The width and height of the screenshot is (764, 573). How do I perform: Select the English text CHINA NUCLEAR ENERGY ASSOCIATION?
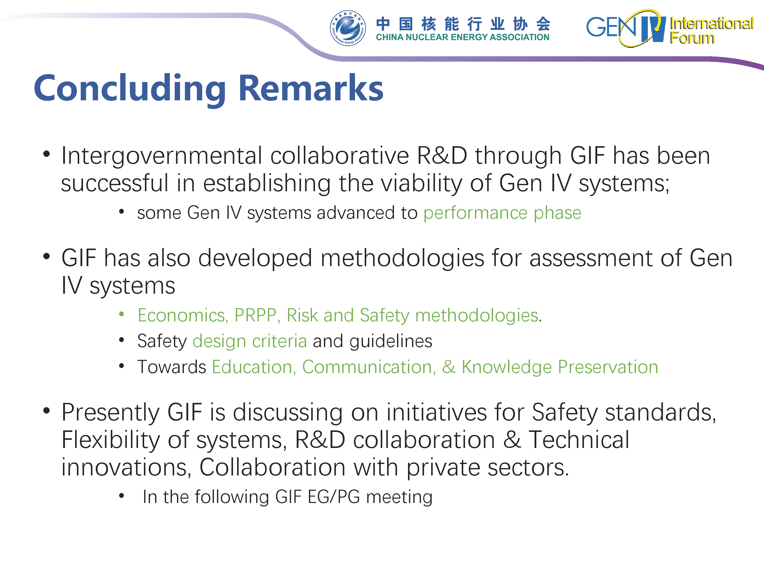tap(462, 37)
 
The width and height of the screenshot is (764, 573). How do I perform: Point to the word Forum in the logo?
tap(692, 38)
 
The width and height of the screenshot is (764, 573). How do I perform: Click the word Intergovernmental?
tap(162, 156)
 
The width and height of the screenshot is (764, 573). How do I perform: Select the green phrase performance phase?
tap(502, 213)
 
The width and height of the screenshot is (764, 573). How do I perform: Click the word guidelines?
tap(391, 341)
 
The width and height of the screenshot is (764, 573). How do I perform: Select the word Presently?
tap(111, 413)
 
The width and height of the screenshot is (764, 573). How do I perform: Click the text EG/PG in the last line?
tap(334, 497)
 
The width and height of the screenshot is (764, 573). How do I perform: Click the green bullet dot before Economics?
tap(121, 314)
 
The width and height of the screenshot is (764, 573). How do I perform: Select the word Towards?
tap(172, 367)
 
